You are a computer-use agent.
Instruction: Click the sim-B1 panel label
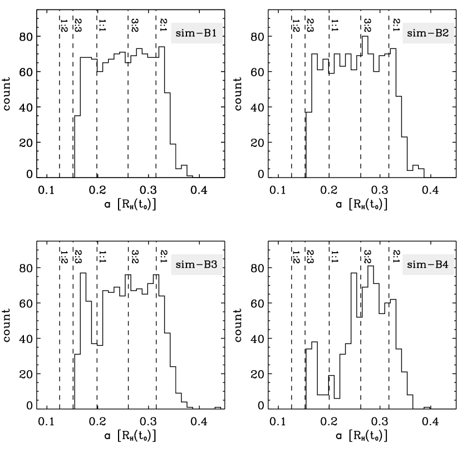pos(196,33)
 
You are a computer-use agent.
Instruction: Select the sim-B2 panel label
pos(428,33)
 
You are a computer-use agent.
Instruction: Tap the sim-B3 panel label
pos(196,265)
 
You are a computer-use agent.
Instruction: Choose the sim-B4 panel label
pos(428,265)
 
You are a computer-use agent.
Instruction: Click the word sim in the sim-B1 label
pos(184,33)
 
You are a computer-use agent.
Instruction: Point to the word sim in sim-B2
pos(415,33)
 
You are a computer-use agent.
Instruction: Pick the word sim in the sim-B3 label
pos(184,265)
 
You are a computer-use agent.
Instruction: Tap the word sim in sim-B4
pos(415,265)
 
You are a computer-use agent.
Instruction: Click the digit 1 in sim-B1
pos(214,33)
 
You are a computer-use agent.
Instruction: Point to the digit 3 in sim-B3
pos(214,265)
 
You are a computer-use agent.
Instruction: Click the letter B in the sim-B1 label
pos(207,33)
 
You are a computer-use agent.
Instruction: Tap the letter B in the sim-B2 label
pos(438,33)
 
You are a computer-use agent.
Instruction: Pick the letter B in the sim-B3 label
pos(207,265)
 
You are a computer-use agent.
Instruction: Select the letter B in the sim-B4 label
pos(438,265)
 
